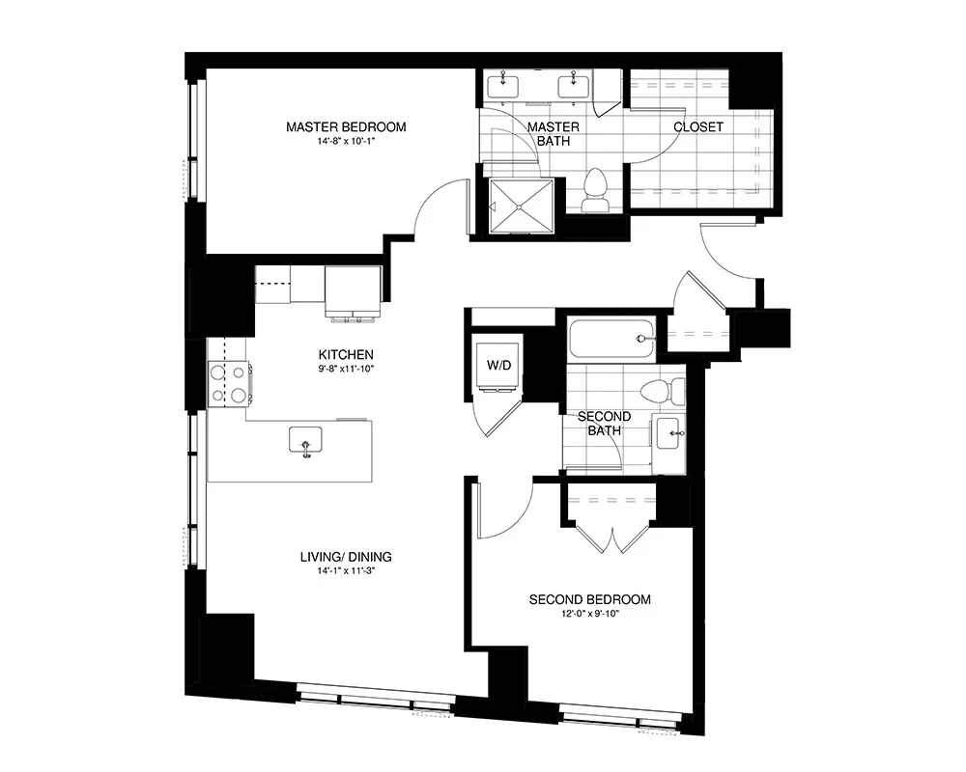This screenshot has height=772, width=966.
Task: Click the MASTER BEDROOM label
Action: pyautogui.click(x=346, y=126)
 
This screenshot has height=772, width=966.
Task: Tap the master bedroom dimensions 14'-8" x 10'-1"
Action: pyautogui.click(x=346, y=142)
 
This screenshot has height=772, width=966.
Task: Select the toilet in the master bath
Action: pyautogui.click(x=595, y=189)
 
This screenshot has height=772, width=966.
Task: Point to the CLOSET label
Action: pyautogui.click(x=697, y=127)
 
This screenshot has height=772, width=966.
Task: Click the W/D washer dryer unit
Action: pyautogui.click(x=498, y=365)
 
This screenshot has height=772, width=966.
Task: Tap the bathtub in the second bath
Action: pyautogui.click(x=611, y=339)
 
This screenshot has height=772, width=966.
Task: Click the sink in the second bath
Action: pyautogui.click(x=668, y=435)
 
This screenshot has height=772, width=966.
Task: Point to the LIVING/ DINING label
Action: pyautogui.click(x=346, y=557)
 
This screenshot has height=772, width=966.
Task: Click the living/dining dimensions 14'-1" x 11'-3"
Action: pyautogui.click(x=346, y=571)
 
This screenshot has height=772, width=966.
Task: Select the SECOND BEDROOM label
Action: pyautogui.click(x=589, y=599)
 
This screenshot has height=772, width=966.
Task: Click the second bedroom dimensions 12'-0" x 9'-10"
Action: pyautogui.click(x=589, y=614)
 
